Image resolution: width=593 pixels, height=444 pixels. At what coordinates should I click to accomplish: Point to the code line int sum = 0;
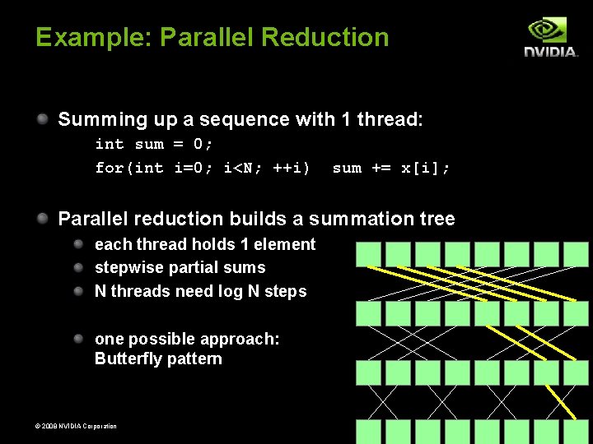coord(154,145)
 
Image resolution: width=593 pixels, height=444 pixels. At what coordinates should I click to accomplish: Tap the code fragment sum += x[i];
coord(391,169)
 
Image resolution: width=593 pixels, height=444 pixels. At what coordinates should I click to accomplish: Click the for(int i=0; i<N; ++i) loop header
coord(203,169)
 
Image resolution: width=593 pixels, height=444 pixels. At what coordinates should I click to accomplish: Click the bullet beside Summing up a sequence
coord(43,120)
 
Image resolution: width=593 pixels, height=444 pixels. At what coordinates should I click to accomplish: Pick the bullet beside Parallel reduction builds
coord(43,219)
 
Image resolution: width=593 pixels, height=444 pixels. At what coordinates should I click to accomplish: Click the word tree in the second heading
coord(437,219)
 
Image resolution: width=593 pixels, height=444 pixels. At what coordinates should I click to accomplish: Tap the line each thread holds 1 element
coord(205,244)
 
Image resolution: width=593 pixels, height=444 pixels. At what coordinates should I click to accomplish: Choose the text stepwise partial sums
coord(180,267)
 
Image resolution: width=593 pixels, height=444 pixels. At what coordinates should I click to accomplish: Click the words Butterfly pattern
coord(158,358)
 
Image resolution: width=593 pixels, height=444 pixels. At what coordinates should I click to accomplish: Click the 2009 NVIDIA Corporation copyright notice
coord(64,426)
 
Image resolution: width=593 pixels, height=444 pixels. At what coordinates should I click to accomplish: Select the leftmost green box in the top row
coord(369,254)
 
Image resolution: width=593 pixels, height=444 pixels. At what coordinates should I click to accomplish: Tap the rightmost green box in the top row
coord(577,254)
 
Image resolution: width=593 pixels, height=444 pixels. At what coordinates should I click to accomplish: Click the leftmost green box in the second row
coord(369,313)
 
